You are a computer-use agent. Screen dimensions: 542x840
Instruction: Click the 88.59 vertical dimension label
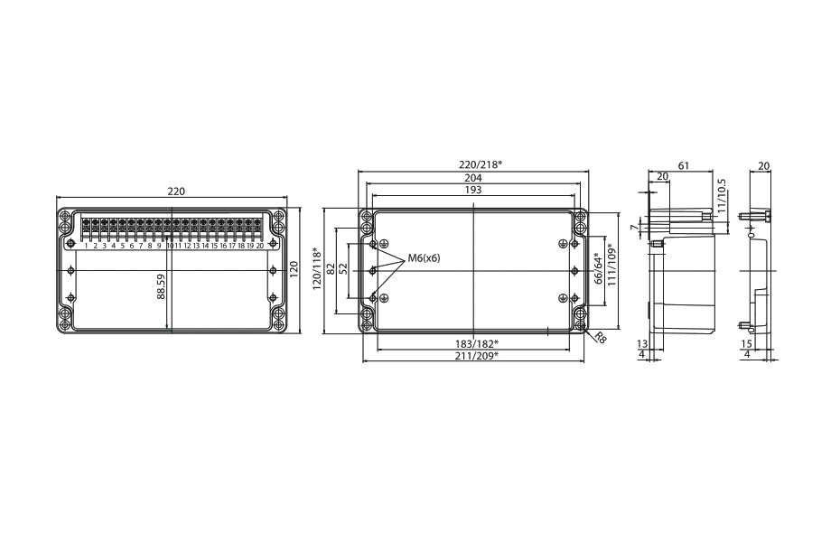(x=161, y=287)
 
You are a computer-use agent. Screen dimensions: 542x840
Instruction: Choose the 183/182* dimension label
(x=476, y=344)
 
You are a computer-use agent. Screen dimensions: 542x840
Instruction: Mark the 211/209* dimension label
(x=476, y=356)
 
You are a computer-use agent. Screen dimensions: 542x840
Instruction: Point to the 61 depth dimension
(x=683, y=165)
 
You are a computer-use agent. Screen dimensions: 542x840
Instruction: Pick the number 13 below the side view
(x=642, y=343)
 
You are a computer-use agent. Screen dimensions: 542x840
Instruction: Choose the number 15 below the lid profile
(x=746, y=343)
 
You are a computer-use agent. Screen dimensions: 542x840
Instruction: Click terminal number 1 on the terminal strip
(x=86, y=245)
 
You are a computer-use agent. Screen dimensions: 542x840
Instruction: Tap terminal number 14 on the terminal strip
(x=205, y=245)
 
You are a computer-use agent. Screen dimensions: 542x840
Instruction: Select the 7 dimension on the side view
(x=632, y=228)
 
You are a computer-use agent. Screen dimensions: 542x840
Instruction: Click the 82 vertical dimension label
(x=331, y=269)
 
